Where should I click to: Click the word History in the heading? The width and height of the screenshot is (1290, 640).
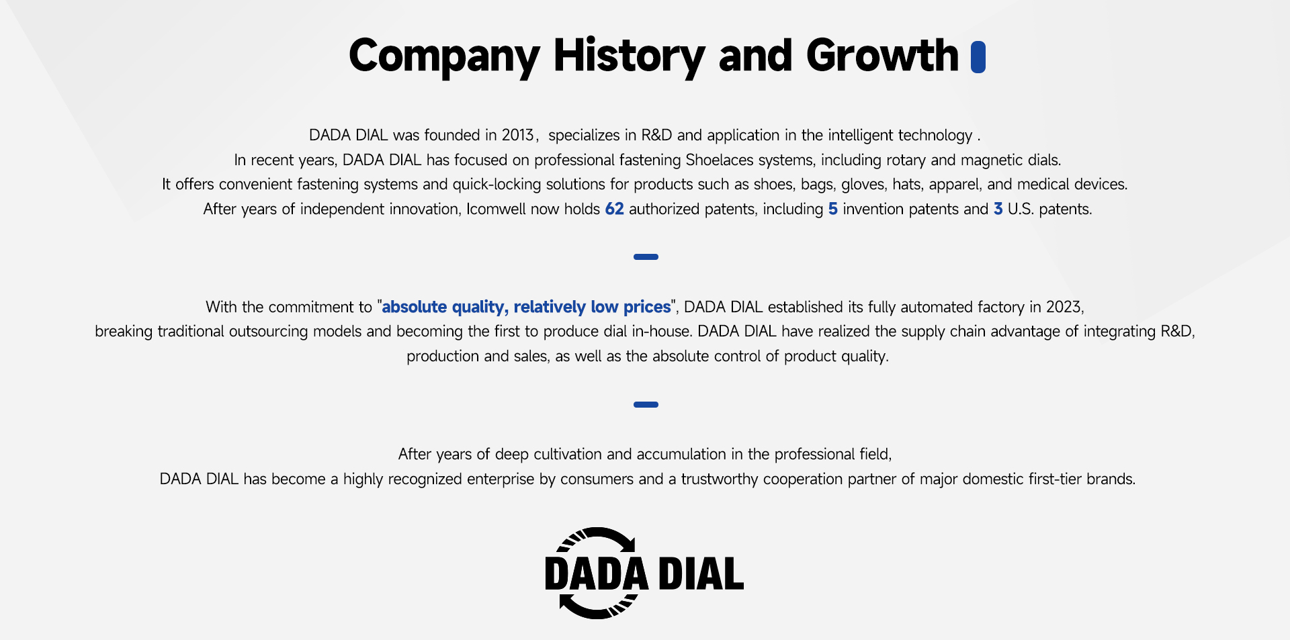coord(629,56)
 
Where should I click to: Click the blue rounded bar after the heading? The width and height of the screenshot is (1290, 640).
coord(978,56)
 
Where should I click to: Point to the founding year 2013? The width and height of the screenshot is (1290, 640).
coord(517,135)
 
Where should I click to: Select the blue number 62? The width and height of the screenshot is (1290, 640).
coord(614,209)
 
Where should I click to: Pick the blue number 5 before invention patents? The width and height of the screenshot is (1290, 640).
coord(833,209)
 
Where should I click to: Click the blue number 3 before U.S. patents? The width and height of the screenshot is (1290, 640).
coord(998,209)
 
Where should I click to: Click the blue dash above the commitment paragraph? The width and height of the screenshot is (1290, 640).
coord(646,257)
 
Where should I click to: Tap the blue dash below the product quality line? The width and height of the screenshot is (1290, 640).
coord(646,404)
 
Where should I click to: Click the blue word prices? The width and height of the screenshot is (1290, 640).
coord(647,308)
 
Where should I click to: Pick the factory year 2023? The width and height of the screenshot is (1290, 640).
coord(1064,307)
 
